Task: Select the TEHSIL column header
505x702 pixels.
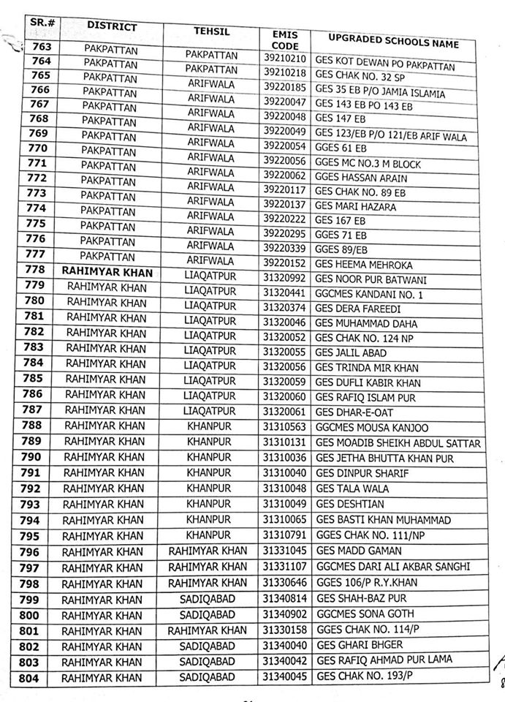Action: [211, 32]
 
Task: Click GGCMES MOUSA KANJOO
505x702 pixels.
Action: [372, 427]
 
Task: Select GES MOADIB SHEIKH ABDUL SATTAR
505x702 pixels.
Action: [398, 443]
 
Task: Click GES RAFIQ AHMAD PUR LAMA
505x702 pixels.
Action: [384, 660]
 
